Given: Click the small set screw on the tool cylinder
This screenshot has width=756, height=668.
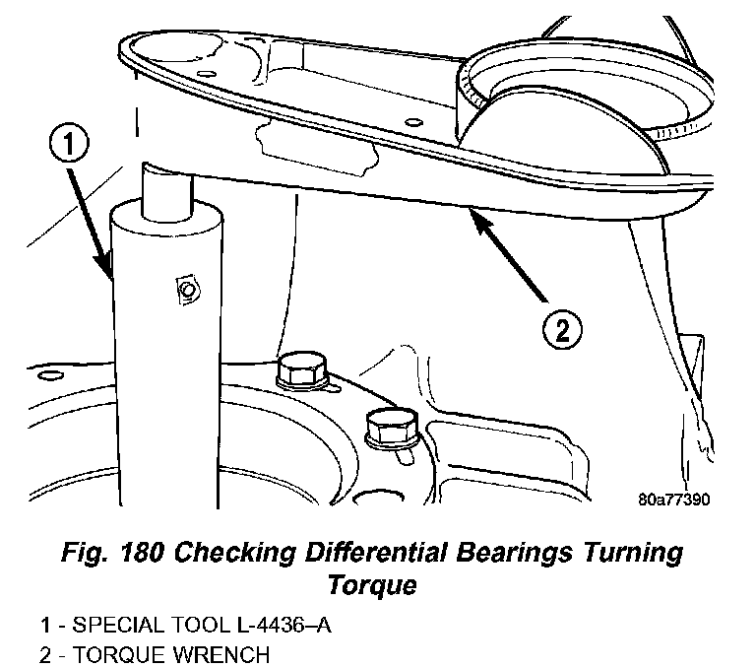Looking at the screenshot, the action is pos(183,289).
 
